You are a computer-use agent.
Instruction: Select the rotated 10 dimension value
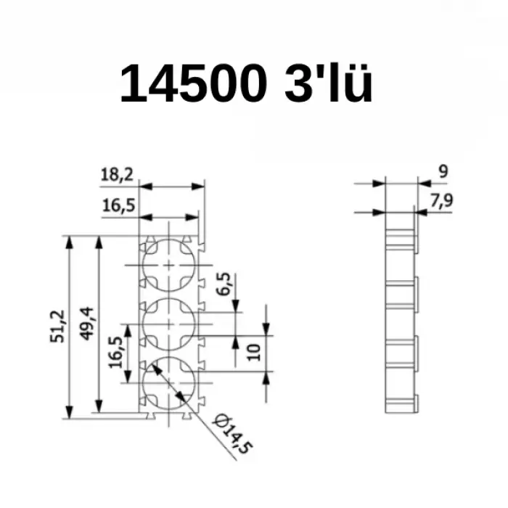tap(253, 353)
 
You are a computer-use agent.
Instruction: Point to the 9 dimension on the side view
tap(443, 172)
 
